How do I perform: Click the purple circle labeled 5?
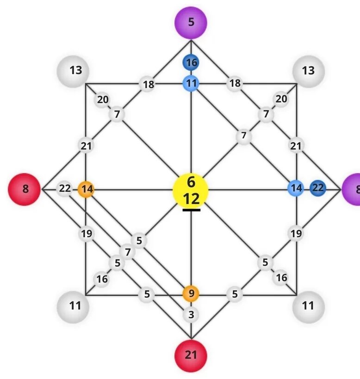191,22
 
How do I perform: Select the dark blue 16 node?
191,62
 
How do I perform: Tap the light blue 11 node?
191,84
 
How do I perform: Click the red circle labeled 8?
25,189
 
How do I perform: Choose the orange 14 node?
86,189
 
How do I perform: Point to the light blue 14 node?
296,188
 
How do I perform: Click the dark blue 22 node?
317,188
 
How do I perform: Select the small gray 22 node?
65,189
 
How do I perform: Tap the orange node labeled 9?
191,293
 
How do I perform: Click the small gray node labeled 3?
191,315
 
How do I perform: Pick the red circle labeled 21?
191,355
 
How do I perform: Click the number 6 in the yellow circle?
191,182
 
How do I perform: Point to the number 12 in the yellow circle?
191,199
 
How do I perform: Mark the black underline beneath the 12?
191,210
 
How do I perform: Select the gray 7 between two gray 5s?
127,252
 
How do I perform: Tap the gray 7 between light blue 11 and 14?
243,136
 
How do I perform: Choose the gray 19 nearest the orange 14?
86,234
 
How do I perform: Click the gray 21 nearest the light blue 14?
296,146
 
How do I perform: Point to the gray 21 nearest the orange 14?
86,146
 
